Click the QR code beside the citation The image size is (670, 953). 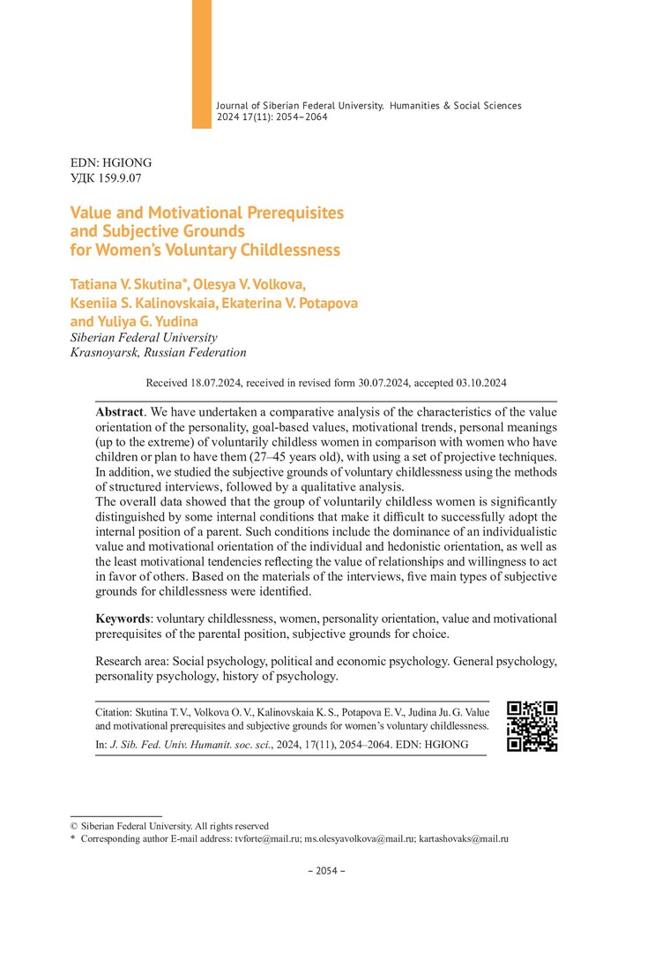click(532, 725)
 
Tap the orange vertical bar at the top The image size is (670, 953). click(202, 64)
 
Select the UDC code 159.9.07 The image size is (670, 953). click(121, 177)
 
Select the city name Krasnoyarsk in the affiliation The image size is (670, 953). click(103, 352)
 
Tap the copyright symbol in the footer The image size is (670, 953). click(74, 826)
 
